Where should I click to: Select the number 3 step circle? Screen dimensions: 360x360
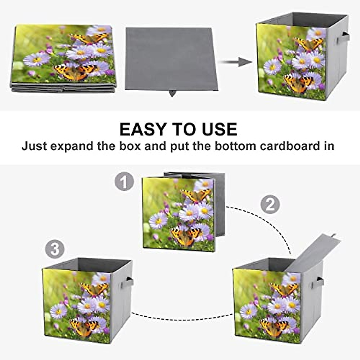click(x=55, y=249)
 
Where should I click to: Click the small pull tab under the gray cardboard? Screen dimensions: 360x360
click(x=172, y=93)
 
